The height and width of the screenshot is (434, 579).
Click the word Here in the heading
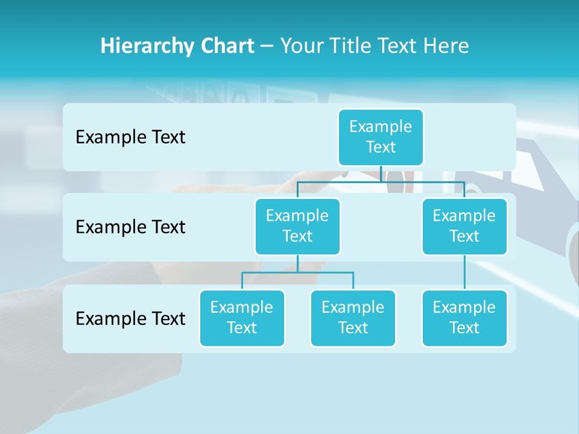tap(445, 46)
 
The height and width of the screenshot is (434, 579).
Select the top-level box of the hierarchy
tap(381, 137)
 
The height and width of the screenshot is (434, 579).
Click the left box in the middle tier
tap(297, 226)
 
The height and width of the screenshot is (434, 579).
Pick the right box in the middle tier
tap(464, 226)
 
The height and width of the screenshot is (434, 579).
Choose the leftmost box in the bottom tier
tap(242, 318)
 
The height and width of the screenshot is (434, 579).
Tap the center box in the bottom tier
tap(353, 318)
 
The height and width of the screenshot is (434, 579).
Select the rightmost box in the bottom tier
tap(464, 318)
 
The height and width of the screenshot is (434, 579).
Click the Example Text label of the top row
tap(130, 137)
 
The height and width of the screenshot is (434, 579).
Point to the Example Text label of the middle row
tap(130, 227)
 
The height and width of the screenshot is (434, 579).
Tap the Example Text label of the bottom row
tap(130, 318)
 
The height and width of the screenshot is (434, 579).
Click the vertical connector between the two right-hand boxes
tap(464, 272)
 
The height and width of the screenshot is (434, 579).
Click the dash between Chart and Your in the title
tap(267, 46)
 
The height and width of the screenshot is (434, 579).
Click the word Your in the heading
tap(301, 46)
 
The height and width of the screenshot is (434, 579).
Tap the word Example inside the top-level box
tap(381, 127)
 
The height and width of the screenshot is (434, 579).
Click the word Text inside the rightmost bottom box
tap(464, 328)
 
